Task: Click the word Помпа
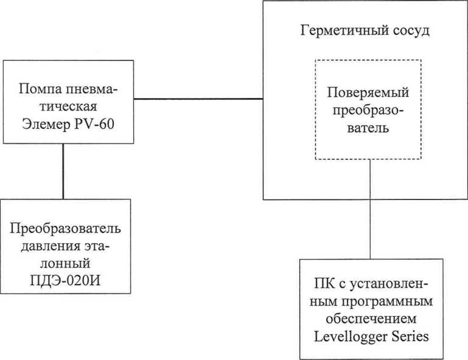tap(40, 89)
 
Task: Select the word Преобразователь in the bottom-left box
tap(66, 229)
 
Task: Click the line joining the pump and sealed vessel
tap(198, 99)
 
